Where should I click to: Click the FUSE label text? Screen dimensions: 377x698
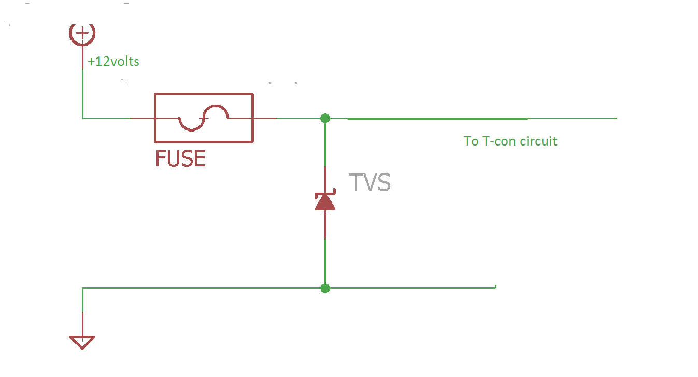[x=181, y=158]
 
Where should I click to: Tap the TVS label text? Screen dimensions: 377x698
[x=369, y=183]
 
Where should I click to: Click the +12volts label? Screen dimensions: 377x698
[x=113, y=62]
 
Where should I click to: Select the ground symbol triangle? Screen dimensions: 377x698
[x=82, y=342]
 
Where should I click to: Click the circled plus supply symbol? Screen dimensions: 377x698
[x=82, y=34]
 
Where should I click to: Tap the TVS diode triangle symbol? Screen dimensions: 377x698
[x=325, y=202]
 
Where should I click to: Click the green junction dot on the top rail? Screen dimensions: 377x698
[x=325, y=118]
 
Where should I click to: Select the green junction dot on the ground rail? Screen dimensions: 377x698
[x=325, y=288]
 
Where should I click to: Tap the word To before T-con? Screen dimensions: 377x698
[x=471, y=141]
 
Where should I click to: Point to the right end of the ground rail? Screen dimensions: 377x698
[x=495, y=287]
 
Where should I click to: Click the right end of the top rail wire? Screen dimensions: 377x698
[x=616, y=118]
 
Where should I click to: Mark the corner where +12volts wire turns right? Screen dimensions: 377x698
[x=82, y=118]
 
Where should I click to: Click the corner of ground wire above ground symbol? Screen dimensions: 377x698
[x=82, y=288]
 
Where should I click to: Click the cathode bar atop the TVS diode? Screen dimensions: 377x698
[x=325, y=194]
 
